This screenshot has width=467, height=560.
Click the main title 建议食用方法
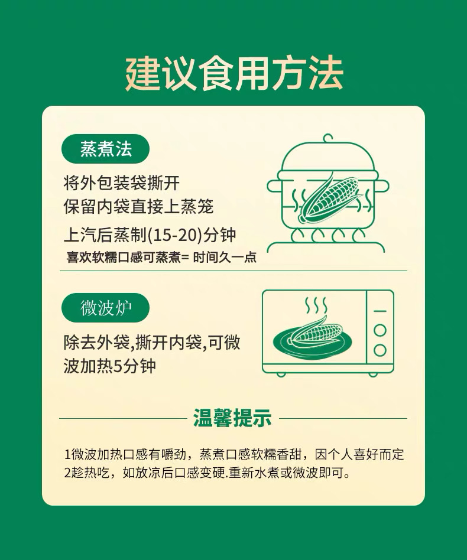pos(234,74)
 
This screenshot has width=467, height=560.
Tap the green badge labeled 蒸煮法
pos(105,149)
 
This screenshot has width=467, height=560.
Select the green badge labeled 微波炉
pos(105,308)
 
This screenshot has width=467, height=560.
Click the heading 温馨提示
pos(232,418)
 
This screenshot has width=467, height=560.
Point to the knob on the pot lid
pos(328,138)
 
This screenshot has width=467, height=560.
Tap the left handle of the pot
pos(273,186)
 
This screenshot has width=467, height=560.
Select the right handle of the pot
pos(382,186)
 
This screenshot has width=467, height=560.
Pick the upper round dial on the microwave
pos(380,330)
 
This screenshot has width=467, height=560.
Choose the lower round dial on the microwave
pos(380,350)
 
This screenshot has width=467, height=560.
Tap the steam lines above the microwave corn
pos(316,305)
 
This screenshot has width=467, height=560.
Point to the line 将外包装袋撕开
pos(122,184)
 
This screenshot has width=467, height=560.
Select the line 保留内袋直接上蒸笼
pos(138,207)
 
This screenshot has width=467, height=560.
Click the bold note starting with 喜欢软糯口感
pos(161,258)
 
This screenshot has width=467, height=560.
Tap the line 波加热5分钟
pos(110,366)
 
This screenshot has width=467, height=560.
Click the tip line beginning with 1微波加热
pos(234,454)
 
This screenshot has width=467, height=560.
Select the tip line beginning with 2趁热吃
pos(207,473)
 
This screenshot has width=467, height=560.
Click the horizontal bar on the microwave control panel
pos(380,311)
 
